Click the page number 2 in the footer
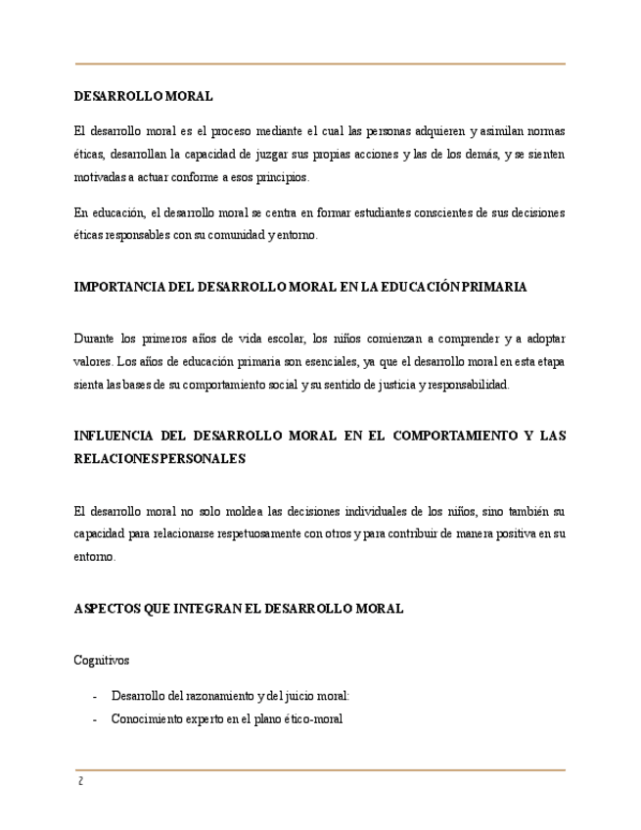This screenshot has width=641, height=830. coord(79,781)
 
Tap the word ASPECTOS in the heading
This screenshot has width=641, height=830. coord(106,609)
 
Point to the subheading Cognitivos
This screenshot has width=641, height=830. coord(102,661)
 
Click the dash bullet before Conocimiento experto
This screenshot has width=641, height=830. coord(94,718)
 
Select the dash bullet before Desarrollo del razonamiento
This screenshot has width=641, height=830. coord(94,696)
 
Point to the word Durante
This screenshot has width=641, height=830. coord(94,339)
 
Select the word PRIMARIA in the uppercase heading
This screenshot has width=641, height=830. coord(494,288)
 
